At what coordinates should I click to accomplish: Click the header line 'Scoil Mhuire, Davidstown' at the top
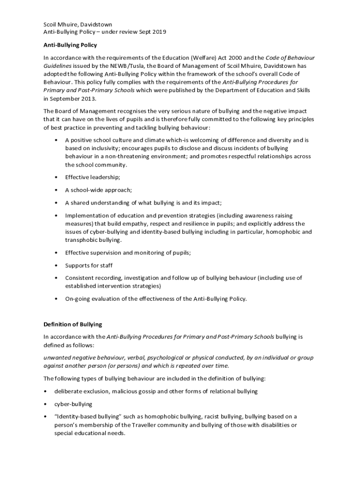click(78, 24)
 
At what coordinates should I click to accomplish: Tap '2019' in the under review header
click(158, 32)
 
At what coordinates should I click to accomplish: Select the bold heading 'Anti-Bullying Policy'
click(70, 45)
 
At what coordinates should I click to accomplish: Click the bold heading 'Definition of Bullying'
click(72, 324)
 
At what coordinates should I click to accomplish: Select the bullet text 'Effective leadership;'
click(93, 177)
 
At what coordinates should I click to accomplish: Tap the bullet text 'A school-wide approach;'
click(98, 190)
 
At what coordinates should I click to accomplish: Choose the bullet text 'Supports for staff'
click(89, 265)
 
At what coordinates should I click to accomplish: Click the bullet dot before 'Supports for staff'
click(56, 265)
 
